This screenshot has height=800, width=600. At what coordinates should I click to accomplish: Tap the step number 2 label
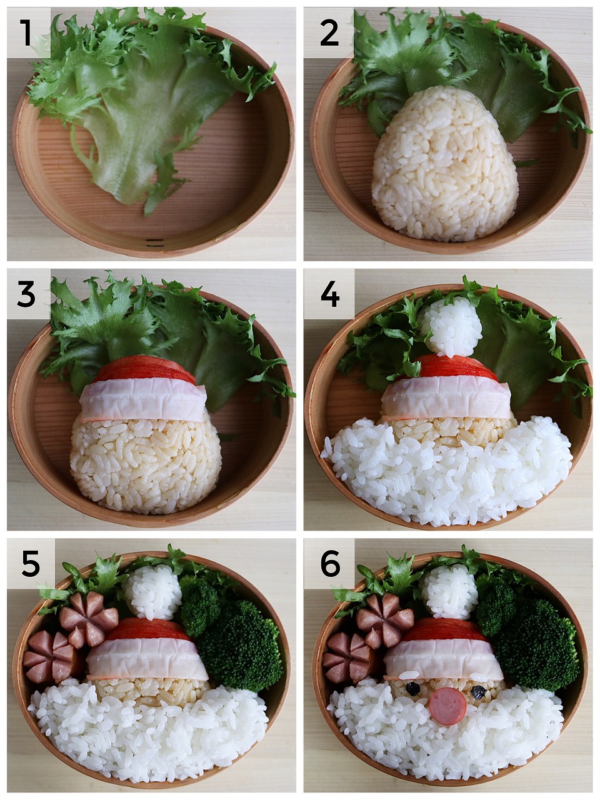(329, 32)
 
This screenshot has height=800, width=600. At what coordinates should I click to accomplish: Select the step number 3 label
(26, 294)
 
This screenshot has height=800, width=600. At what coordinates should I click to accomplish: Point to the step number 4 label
(330, 294)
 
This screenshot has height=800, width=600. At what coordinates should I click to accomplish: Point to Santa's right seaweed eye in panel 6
(477, 689)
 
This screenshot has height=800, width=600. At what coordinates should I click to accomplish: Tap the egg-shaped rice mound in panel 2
(445, 164)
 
